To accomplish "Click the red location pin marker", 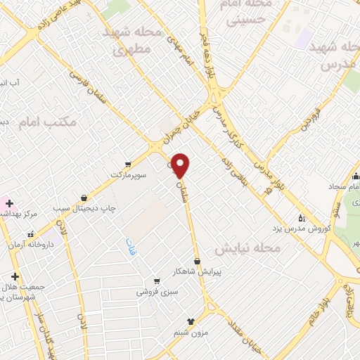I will [181, 165].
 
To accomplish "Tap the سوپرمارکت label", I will [127, 172].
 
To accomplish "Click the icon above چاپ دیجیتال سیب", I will [85, 198].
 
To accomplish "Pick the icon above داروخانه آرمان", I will [30, 235].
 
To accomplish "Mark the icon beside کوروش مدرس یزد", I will [301, 217].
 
